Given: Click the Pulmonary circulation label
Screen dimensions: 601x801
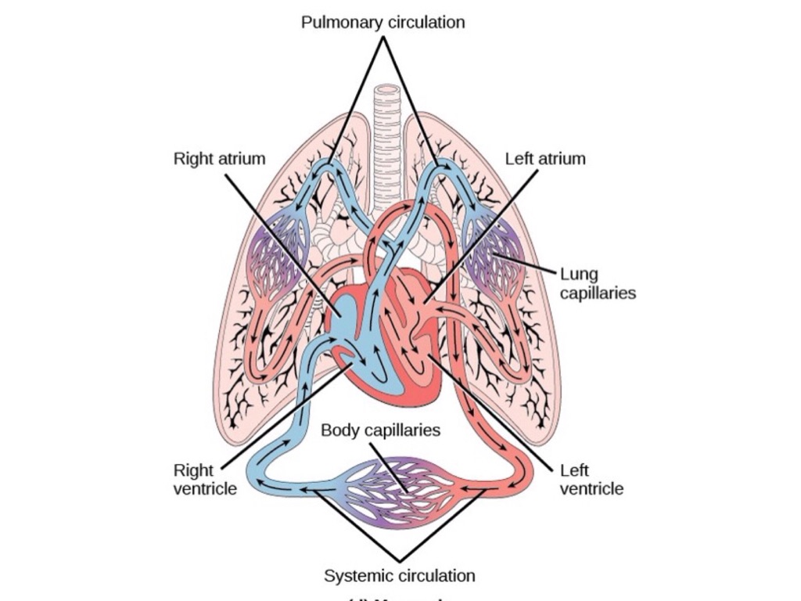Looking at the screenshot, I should click(383, 22).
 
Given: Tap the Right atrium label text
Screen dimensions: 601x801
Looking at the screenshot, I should click(219, 159).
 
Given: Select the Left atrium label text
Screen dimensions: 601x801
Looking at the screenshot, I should click(545, 159).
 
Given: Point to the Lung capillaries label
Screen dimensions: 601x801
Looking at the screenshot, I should click(598, 284).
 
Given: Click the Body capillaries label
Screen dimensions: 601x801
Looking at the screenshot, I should click(380, 430).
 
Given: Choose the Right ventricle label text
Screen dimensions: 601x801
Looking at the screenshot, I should click(204, 480).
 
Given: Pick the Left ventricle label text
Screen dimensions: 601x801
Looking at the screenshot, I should click(591, 480).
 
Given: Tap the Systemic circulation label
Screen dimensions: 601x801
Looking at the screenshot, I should click(399, 576).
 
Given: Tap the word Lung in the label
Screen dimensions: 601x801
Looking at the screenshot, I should click(579, 275).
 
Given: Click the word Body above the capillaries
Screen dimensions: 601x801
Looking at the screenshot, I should click(338, 430).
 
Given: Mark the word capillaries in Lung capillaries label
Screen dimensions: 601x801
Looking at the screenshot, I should click(598, 293).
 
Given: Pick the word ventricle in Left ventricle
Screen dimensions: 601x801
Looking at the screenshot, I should click(591, 489).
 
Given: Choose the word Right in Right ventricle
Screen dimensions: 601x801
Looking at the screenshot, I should click(193, 470).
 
